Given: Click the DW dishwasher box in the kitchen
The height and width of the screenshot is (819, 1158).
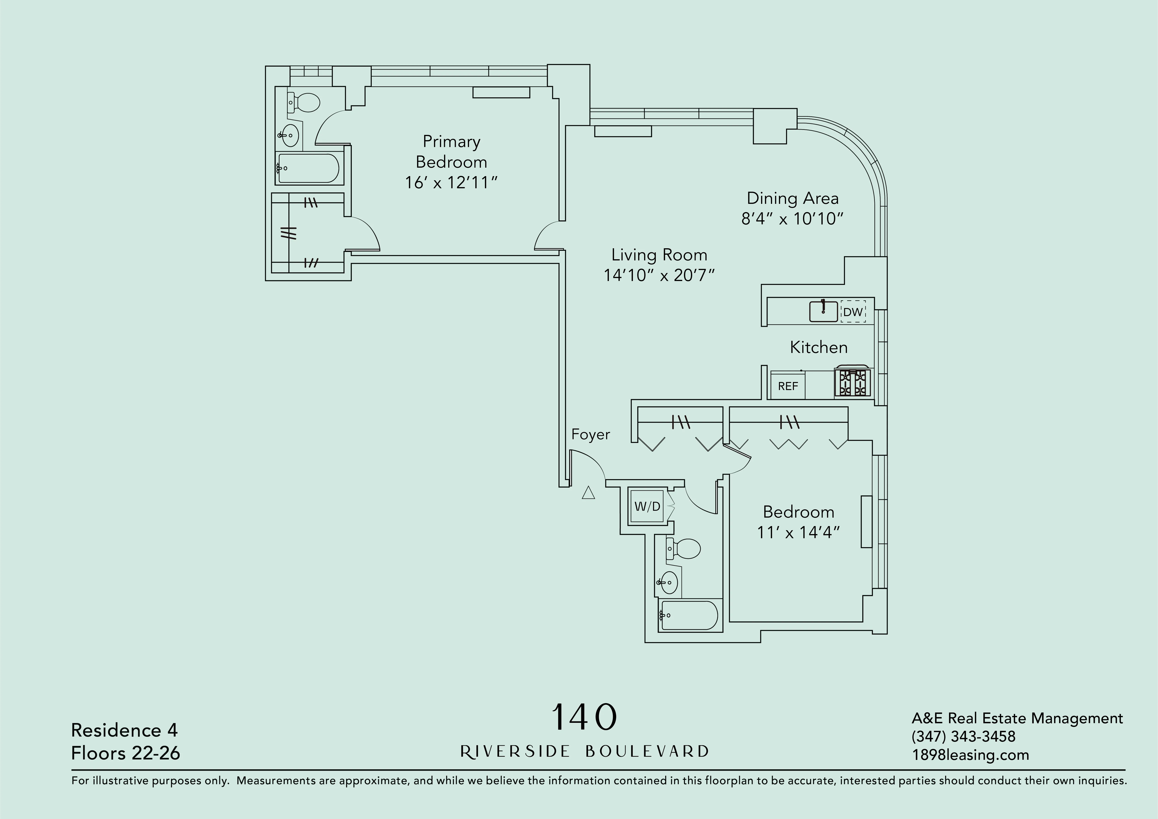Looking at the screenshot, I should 853,312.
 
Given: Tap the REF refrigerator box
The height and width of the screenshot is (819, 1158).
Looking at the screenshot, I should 788,386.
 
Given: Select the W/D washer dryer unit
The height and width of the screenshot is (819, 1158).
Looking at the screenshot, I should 647,506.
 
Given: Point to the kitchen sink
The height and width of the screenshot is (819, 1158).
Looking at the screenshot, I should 823,311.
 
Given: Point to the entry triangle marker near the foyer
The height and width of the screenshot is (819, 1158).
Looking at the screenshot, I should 588,493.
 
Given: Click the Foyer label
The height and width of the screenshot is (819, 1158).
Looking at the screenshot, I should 591,434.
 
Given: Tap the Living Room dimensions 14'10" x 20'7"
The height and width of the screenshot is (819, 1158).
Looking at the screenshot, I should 659,275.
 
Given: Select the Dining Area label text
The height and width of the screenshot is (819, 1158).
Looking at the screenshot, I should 792,198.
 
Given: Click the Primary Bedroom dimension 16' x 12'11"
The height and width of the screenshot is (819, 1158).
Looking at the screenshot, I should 451,183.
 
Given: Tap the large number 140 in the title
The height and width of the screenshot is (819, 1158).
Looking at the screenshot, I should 584,717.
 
